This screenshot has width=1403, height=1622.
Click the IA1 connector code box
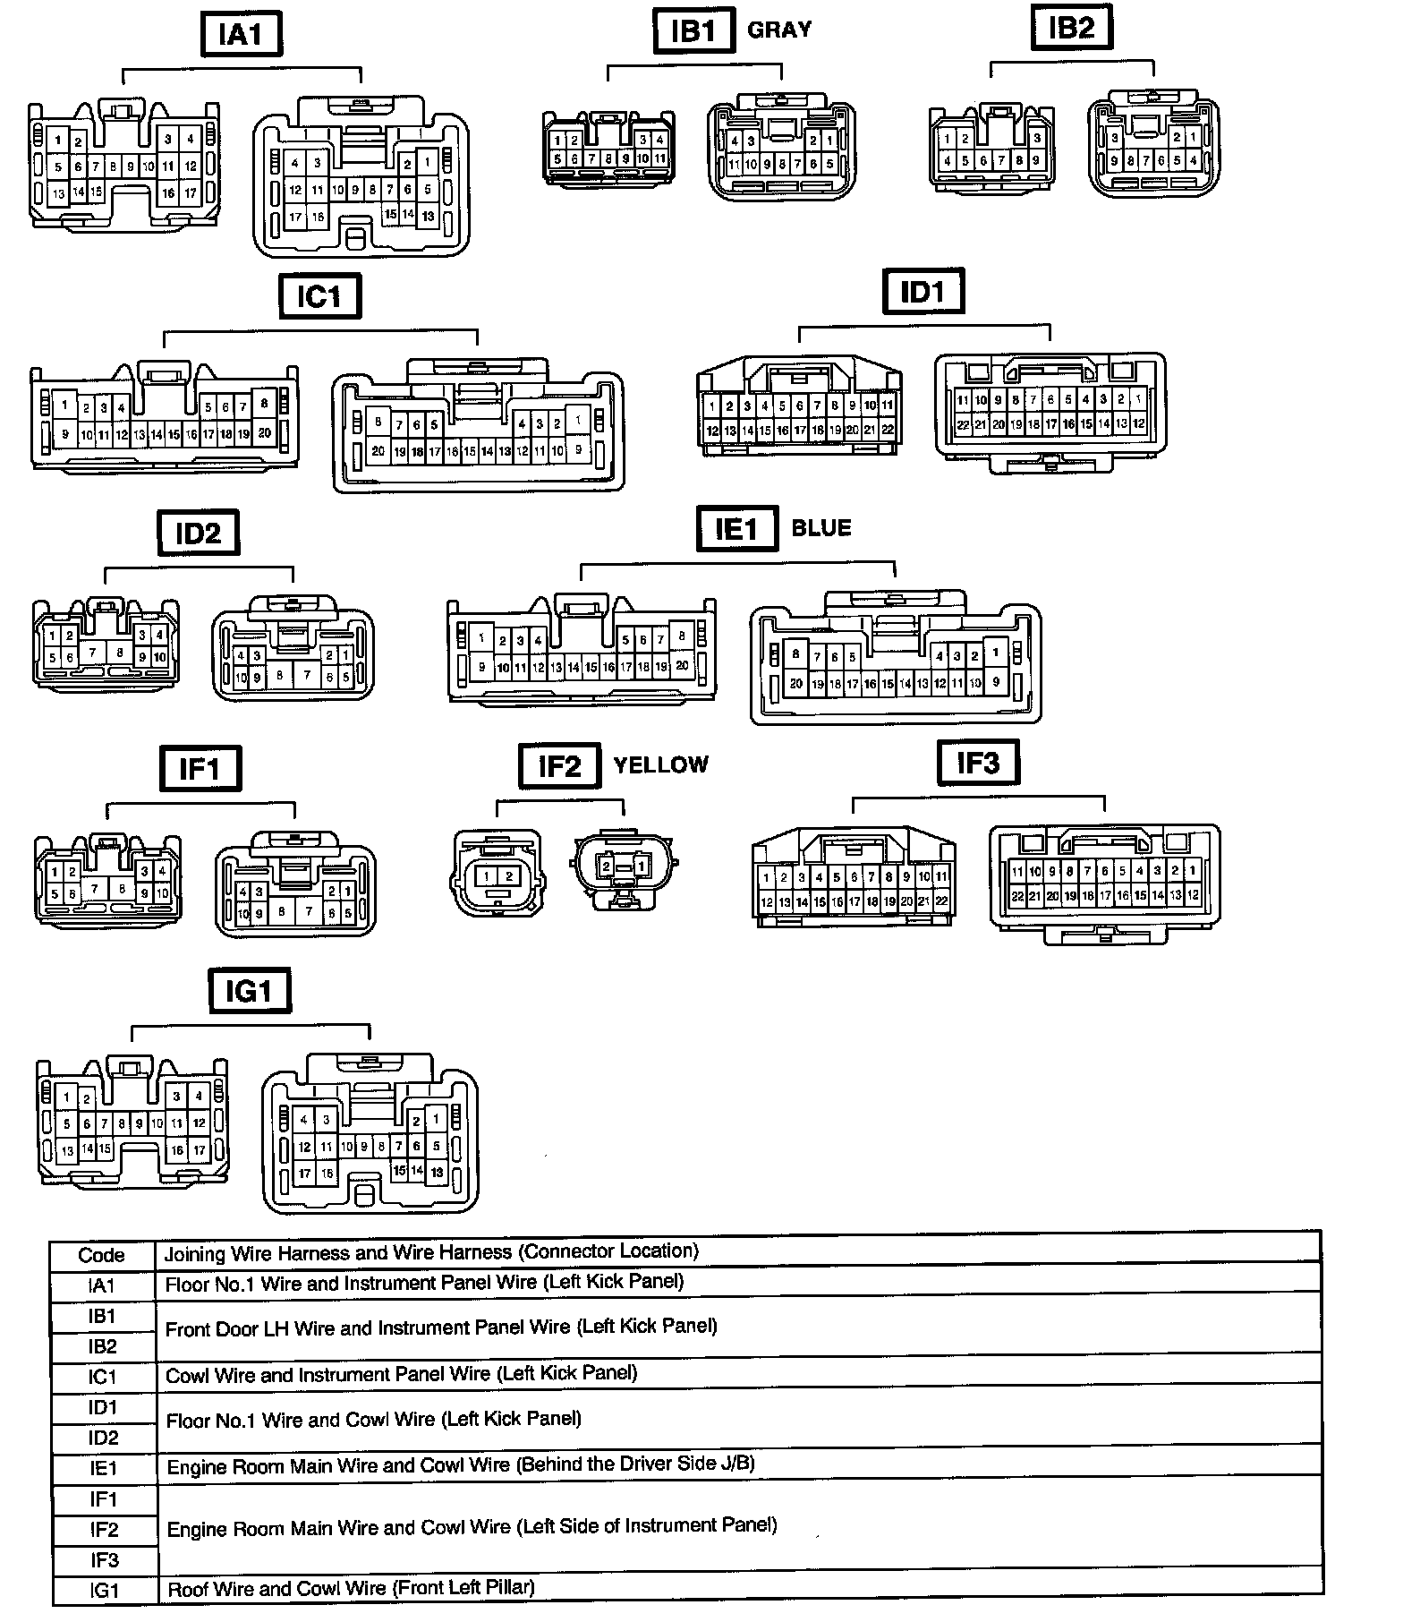click(x=241, y=34)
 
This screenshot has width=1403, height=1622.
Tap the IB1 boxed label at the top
click(x=693, y=30)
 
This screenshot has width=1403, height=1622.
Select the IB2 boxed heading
click(x=1071, y=28)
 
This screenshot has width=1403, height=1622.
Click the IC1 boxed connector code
click(x=319, y=296)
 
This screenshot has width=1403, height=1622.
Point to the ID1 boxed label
click(x=923, y=292)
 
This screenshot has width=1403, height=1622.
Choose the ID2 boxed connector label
click(x=198, y=534)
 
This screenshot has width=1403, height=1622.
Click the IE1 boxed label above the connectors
click(x=736, y=529)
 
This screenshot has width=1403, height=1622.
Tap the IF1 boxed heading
click(x=200, y=768)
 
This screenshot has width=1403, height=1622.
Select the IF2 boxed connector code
click(x=559, y=766)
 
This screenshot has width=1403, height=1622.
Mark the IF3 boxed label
click(x=978, y=763)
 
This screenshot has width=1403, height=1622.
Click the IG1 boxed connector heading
click(x=250, y=991)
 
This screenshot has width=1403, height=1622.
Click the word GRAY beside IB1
click(x=779, y=30)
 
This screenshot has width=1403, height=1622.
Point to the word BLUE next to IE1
click(x=821, y=528)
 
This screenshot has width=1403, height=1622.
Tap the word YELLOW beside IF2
click(x=661, y=764)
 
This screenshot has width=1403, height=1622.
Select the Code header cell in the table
click(x=101, y=1255)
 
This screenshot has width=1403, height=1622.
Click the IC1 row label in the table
click(x=102, y=1377)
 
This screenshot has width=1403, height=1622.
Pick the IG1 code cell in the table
click(x=104, y=1591)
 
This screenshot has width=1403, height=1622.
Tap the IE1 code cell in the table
click(x=103, y=1468)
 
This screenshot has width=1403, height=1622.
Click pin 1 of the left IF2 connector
click(x=487, y=876)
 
